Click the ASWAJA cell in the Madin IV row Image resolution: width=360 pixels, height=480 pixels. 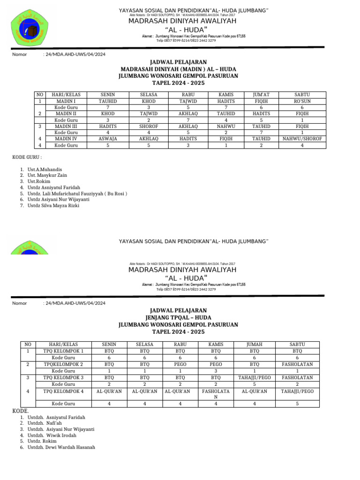(x=108, y=139)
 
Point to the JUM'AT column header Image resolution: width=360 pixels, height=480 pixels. (x=261, y=95)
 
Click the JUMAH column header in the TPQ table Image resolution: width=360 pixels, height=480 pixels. (x=254, y=344)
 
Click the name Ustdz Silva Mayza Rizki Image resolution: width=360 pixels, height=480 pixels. (x=53, y=205)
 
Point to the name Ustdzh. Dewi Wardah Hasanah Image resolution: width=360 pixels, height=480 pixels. (x=61, y=447)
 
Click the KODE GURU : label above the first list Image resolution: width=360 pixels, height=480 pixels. (x=27, y=157)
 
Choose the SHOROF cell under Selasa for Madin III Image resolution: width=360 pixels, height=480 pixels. (x=149, y=127)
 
